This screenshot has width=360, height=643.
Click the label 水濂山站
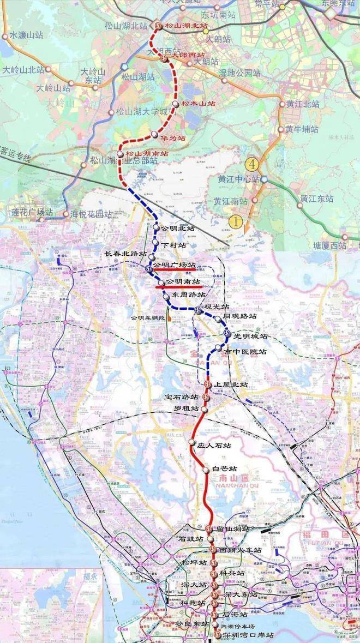coord(26,35)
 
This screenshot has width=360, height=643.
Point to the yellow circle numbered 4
coord(251,163)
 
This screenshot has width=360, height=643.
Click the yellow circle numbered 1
coord(236,221)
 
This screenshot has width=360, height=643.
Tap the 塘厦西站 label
coord(330,245)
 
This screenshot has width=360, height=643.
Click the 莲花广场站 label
coord(33,212)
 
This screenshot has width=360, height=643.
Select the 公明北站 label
coord(178,229)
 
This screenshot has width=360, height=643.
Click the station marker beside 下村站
coord(155,242)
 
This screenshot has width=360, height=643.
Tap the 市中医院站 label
coord(249,352)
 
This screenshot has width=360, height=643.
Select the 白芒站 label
coord(224,468)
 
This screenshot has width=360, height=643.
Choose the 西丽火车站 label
coord(241,550)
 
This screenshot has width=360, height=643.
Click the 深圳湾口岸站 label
coord(248,635)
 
